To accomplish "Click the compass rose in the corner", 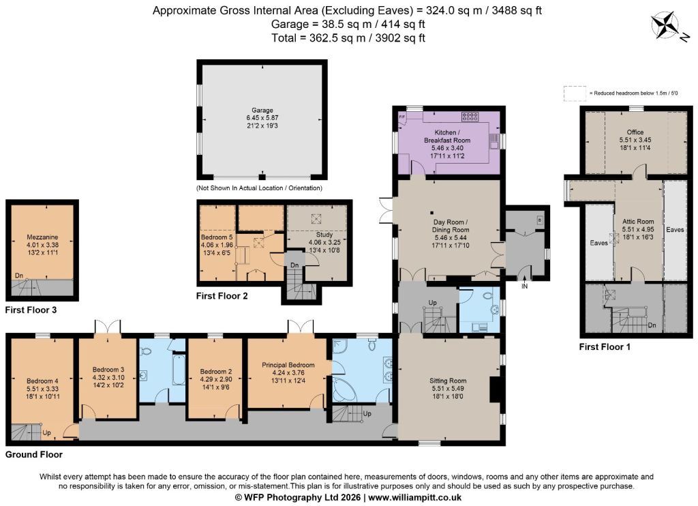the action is (665, 27).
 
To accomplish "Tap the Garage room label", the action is (262, 110).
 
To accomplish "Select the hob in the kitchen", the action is (470, 117).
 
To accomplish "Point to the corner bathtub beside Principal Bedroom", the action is (344, 391).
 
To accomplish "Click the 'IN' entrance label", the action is (524, 286).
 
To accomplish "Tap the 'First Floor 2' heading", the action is (222, 296).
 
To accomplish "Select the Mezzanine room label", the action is (42, 237).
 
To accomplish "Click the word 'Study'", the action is (324, 235).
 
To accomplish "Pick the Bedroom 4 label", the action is (42, 381).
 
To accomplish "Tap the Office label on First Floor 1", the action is (635, 132).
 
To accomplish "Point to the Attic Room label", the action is (638, 222).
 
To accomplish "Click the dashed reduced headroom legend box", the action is (575, 93).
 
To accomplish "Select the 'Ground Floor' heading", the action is (34, 455).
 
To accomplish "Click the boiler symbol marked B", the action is (540, 220).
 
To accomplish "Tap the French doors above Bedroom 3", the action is (108, 327).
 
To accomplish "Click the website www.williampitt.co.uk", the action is (415, 498).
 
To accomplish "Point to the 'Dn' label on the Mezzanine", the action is (18, 276).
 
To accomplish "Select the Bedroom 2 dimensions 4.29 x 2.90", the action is (216, 379).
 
